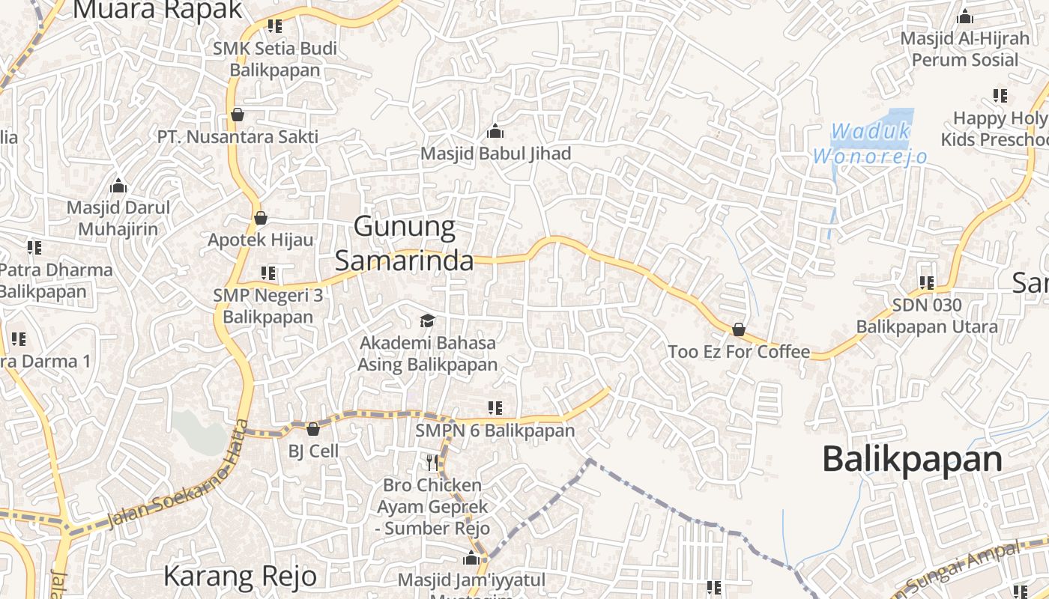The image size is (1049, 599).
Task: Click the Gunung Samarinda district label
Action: tap(404, 243)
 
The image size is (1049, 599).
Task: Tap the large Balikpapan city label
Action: tap(912, 458)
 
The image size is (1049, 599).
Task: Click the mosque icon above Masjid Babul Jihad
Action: tap(495, 132)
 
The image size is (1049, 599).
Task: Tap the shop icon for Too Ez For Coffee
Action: tap(738, 329)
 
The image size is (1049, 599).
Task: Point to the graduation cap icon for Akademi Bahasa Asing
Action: tap(427, 320)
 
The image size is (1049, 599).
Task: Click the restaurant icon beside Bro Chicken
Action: tap(432, 462)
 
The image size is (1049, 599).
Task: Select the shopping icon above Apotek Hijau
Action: tap(260, 218)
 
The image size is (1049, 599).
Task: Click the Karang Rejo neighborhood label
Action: tap(240, 576)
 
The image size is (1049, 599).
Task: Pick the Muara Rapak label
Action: tap(158, 10)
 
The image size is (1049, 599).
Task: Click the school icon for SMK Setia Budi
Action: tap(275, 26)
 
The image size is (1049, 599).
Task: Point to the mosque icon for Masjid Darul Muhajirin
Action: tap(118, 186)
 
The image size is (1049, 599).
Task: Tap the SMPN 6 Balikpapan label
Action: tap(495, 431)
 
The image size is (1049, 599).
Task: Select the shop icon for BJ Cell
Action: tap(313, 429)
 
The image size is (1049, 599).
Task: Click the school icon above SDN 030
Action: tap(927, 283)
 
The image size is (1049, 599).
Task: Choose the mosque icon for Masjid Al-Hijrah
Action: tap(965, 16)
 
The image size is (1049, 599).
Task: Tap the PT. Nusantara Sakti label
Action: tap(238, 137)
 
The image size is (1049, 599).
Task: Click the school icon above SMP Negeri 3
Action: tap(267, 273)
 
